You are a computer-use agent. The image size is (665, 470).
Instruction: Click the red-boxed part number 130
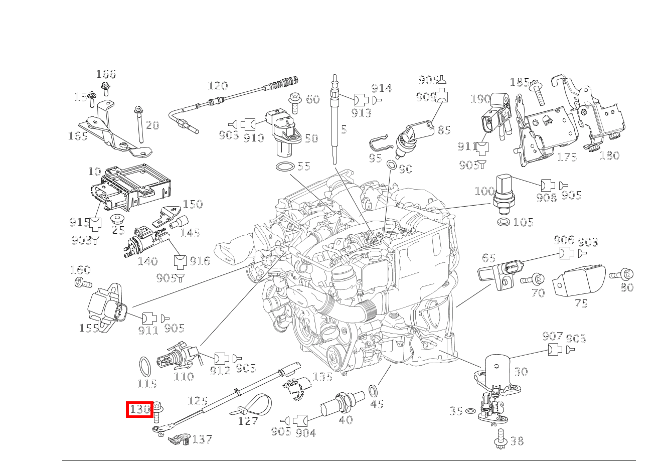pyautogui.click(x=139, y=409)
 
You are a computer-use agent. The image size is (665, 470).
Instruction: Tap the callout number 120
pyautogui.click(x=218, y=86)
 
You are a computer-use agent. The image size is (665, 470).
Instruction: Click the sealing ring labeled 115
pyautogui.click(x=145, y=367)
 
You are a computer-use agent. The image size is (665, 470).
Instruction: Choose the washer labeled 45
pyautogui.click(x=374, y=390)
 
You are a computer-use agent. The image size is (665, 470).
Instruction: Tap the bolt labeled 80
pyautogui.click(x=622, y=274)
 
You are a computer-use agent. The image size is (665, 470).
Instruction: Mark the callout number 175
pyautogui.click(x=567, y=157)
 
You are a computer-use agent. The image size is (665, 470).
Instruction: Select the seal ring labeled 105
pyautogui.click(x=504, y=222)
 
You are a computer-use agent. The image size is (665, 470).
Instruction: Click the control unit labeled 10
pyautogui.click(x=130, y=187)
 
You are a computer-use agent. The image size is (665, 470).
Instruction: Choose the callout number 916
pyautogui.click(x=200, y=261)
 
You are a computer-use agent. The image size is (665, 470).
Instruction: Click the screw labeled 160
pyautogui.click(x=82, y=283)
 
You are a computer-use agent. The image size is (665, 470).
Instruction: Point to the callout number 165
pyautogui.click(x=77, y=136)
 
